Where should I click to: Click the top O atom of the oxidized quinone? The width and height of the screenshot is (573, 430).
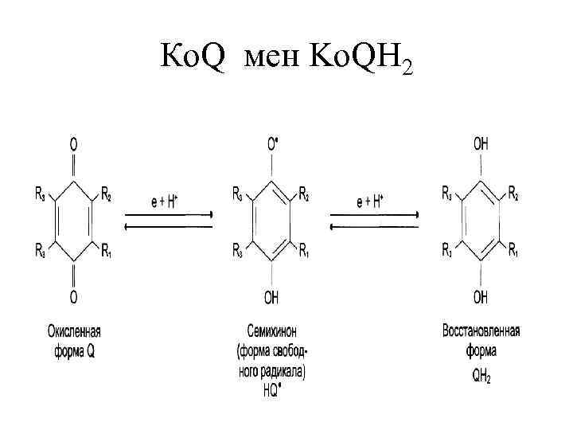(x=74, y=145)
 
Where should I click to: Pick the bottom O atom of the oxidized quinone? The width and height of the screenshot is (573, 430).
(x=74, y=298)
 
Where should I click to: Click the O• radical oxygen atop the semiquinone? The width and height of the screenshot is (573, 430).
(x=272, y=144)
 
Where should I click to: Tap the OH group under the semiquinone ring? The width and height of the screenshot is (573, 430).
(x=271, y=298)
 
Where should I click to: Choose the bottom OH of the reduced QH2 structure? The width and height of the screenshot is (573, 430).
(x=481, y=298)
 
